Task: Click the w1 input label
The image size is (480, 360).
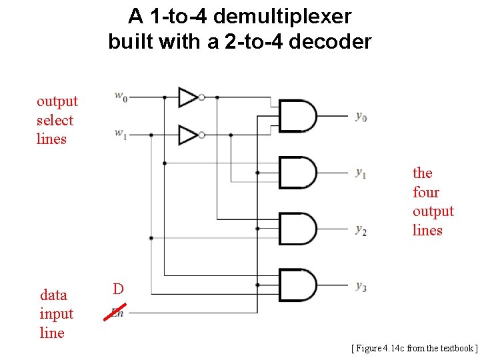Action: tap(121, 135)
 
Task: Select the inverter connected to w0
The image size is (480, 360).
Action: tap(190, 97)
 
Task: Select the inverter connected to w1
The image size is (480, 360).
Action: tap(190, 135)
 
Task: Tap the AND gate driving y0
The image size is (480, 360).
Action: tap(297, 116)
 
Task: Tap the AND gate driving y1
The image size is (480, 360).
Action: tap(297, 173)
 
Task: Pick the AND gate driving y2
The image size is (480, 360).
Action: tap(297, 229)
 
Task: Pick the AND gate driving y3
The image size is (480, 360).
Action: tap(297, 286)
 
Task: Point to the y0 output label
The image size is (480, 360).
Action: tap(361, 117)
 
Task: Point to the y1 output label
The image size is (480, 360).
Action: tap(361, 173)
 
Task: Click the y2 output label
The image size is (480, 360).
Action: tap(361, 230)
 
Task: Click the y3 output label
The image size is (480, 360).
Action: tap(361, 287)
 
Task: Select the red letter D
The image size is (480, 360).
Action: tap(118, 289)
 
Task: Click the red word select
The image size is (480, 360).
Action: tap(55, 121)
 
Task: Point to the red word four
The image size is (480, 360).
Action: tap(426, 193)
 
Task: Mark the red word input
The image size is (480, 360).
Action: tap(57, 314)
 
